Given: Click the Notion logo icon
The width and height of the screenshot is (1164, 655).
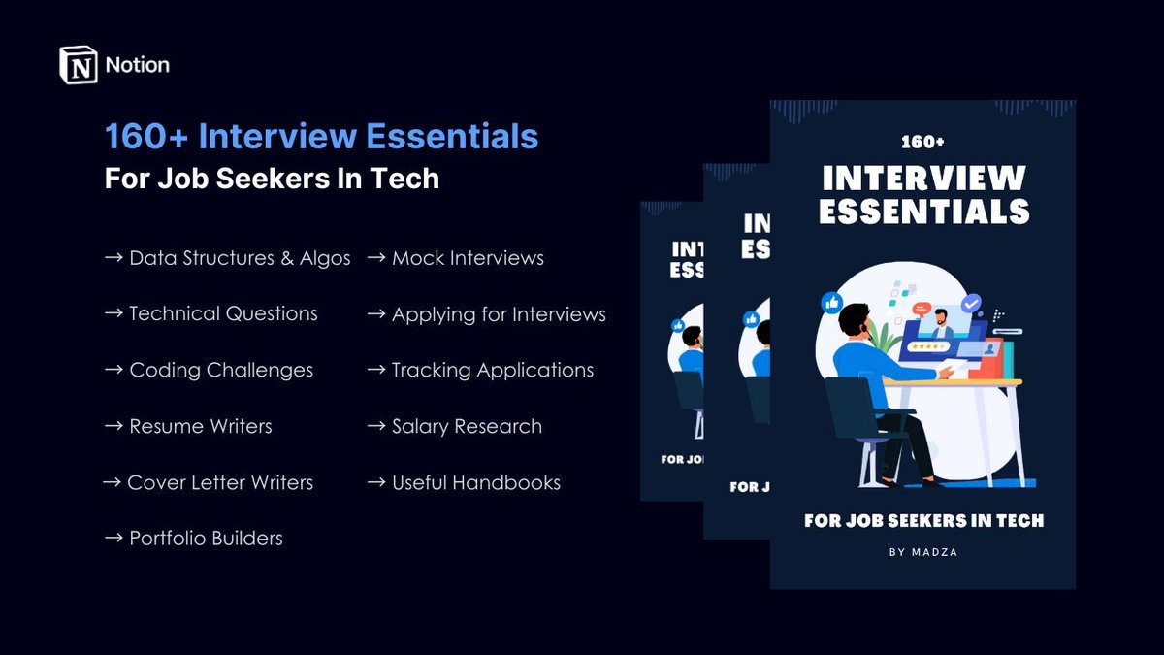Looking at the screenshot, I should pyautogui.click(x=79, y=65).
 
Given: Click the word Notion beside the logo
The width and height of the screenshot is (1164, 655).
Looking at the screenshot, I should pyautogui.click(x=137, y=65).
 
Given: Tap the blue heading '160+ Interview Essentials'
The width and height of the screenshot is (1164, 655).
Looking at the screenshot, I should pyautogui.click(x=321, y=137).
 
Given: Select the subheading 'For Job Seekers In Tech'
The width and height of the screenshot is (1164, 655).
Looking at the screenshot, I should pyautogui.click(x=272, y=179).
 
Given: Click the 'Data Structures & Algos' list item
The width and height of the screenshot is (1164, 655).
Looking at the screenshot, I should pyautogui.click(x=240, y=258).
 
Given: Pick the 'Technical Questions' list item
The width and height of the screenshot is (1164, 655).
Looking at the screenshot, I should pyautogui.click(x=223, y=313).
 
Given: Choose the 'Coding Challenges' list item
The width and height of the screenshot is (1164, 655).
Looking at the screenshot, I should pyautogui.click(x=221, y=370).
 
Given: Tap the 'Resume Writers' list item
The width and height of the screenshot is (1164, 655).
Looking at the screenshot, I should pyautogui.click(x=201, y=426).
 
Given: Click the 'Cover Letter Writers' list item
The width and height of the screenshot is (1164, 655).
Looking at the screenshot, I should pyautogui.click(x=220, y=482).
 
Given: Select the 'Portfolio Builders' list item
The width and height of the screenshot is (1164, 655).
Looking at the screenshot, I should pyautogui.click(x=206, y=538).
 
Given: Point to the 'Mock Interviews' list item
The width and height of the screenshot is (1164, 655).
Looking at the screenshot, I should pyautogui.click(x=468, y=258).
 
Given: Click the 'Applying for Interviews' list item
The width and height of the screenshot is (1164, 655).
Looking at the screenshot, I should pyautogui.click(x=499, y=314).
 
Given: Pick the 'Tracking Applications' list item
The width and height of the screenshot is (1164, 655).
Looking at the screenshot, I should pyautogui.click(x=493, y=370).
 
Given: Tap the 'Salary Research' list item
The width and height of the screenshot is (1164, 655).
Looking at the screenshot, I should pyautogui.click(x=467, y=426).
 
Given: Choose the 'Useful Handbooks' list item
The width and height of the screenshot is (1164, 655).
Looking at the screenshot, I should pyautogui.click(x=475, y=482).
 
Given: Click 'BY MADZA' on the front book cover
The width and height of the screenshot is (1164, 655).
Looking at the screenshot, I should pyautogui.click(x=923, y=552).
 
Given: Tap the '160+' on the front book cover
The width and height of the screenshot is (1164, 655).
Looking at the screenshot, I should pyautogui.click(x=922, y=142).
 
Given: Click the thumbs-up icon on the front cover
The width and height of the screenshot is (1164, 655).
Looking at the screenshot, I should pyautogui.click(x=831, y=302).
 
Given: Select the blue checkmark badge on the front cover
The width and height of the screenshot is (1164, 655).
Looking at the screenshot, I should pyautogui.click(x=971, y=304).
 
